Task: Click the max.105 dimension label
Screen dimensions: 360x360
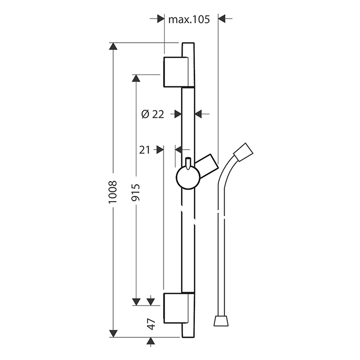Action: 189,20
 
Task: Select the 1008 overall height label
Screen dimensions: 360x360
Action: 113,192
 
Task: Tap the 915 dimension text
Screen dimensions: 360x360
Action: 135,192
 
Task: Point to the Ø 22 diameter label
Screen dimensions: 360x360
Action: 153,114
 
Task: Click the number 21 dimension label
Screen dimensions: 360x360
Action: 145,150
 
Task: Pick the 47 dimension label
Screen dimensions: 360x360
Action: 151,324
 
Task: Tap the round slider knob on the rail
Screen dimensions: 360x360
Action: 188,178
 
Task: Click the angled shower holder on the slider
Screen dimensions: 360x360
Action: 207,166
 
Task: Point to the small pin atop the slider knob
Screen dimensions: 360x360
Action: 188,164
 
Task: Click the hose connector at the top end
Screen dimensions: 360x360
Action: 243,152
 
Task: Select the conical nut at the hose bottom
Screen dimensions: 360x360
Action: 221,321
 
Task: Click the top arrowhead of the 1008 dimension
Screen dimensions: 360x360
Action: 113,46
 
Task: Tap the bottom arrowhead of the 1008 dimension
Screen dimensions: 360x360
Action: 113,334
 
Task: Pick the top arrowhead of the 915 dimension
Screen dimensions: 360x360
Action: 136,78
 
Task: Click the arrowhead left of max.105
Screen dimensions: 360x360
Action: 160,19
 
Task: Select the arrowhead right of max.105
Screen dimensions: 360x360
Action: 222,19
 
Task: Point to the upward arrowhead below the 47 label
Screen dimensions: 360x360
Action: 151,341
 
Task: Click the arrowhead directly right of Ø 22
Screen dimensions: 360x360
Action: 198,114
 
